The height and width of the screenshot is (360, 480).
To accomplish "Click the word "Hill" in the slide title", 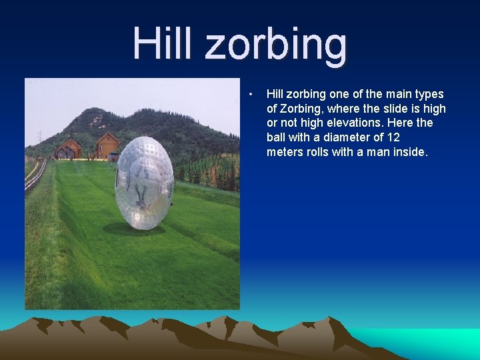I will [x=163, y=43].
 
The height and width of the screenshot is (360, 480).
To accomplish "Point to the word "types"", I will [x=427, y=94].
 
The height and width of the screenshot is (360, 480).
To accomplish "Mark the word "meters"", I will [x=285, y=152].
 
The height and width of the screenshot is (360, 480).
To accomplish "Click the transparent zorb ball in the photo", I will [x=144, y=183].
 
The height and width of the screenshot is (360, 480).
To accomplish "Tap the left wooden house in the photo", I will [x=67, y=149].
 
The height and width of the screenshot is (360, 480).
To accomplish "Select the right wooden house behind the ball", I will [x=106, y=146].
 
